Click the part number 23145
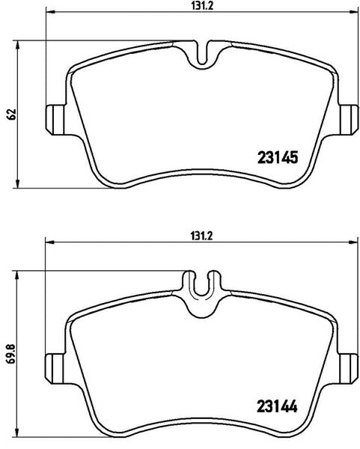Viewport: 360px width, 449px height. pos(278,157)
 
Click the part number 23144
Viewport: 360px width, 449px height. pos(277,406)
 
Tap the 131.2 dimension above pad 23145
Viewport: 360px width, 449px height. pos(202,6)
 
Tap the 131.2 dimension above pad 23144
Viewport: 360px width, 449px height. pos(201,236)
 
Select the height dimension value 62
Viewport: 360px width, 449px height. pos(12,114)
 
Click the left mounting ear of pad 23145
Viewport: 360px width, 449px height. pos(56,120)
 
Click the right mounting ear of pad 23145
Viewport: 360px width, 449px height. pos(349,120)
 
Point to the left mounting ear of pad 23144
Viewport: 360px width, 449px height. pos(55,368)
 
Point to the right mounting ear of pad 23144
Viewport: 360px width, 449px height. pos(348,368)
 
